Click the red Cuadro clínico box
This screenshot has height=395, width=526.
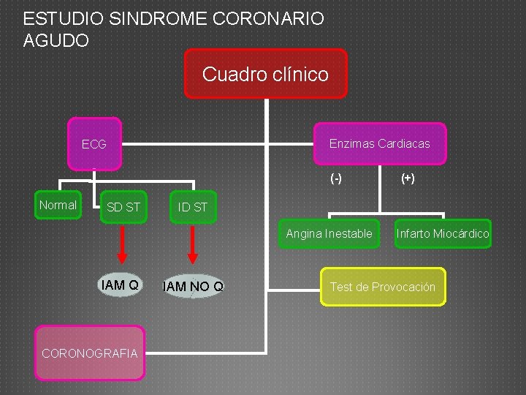pos(265,74)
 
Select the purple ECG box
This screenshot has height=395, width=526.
pos(94,144)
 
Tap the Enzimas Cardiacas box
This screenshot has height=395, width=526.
pos(379,143)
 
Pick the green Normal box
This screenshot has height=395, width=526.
pos(58,205)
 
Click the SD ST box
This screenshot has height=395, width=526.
pos(123,207)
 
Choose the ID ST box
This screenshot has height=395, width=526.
pos(193,207)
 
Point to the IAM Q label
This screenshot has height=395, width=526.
pos(121,285)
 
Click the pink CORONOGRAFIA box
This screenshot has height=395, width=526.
pos(90,353)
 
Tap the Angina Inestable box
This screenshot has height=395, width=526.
pos(329,234)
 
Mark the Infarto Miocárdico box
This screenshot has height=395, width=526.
pos(443,234)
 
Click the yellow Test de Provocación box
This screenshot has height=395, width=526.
pos(382,287)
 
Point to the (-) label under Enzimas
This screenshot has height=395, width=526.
pos(336,178)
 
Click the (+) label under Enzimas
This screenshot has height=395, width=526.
pos(408,178)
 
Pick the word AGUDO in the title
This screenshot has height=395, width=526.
pos(56,41)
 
